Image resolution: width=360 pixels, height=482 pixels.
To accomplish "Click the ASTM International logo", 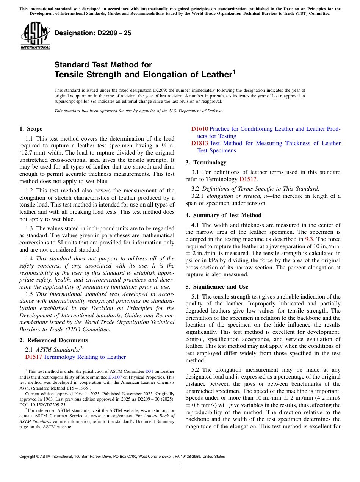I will (35, 36).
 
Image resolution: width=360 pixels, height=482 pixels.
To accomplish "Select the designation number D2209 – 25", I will (93, 33).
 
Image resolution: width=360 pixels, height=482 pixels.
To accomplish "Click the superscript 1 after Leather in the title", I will (234, 71).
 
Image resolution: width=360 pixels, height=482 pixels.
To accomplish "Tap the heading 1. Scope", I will (31, 129).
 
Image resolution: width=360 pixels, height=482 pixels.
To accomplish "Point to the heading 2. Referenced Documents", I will (52, 340).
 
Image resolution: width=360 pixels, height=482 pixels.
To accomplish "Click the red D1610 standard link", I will (200, 129).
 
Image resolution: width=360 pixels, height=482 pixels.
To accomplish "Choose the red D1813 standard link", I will (200, 143).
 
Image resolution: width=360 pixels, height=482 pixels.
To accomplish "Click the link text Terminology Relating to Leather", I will (85, 357).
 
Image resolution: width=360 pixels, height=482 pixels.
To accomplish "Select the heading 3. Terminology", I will (206, 163).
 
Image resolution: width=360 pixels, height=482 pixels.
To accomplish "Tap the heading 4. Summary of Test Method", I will (223, 215).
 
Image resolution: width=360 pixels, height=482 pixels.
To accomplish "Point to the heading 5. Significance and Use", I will (217, 287).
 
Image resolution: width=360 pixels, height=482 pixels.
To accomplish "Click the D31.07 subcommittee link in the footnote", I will (115, 377).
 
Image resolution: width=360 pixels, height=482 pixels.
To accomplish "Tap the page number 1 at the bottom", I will (180, 466).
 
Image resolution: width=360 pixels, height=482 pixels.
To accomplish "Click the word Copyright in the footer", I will (28, 457).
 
